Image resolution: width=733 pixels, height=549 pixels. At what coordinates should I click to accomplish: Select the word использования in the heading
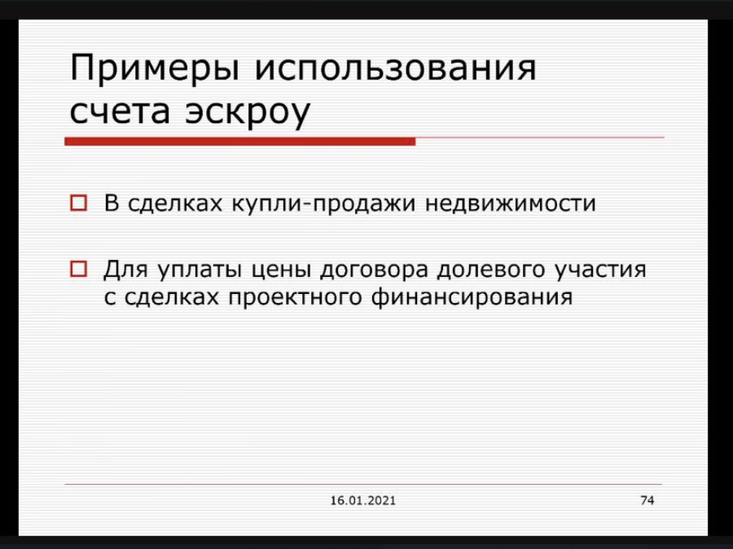click(396, 68)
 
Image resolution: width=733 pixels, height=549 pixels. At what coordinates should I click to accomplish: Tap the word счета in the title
click(120, 112)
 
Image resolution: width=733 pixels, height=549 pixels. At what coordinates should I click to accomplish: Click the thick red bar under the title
click(239, 141)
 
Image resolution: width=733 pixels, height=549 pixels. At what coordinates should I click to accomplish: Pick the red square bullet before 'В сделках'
click(78, 203)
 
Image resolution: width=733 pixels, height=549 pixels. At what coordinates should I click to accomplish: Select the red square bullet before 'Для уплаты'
click(78, 269)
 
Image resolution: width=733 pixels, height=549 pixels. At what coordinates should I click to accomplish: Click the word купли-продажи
click(323, 204)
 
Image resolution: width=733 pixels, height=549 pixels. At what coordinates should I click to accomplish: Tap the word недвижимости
click(511, 204)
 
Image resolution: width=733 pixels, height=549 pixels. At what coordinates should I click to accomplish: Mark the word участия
click(601, 270)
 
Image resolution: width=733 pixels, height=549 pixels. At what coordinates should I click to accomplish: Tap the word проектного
click(295, 298)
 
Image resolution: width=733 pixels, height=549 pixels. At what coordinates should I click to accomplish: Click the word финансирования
click(472, 298)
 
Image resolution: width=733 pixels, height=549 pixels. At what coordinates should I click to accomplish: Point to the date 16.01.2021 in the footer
click(362, 501)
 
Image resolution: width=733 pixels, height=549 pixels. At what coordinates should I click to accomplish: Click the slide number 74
click(647, 500)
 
